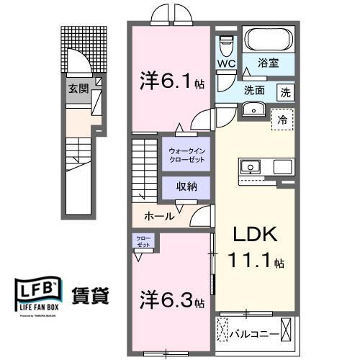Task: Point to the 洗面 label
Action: (x=253, y=91)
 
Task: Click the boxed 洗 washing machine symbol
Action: (x=286, y=91)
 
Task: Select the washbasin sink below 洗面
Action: (x=253, y=108)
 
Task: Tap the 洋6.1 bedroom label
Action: (x=170, y=81)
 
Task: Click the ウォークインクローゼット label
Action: (x=185, y=154)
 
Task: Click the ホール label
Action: (x=158, y=215)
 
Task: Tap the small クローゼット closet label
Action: (x=140, y=241)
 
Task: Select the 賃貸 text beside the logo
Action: (x=91, y=295)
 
